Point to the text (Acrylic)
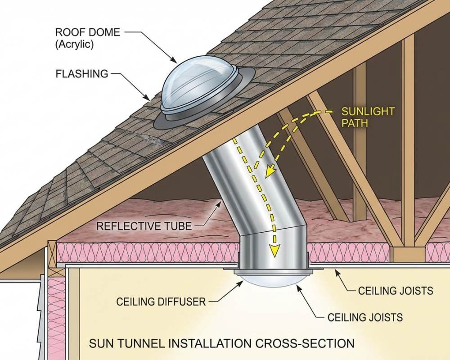pos(74,45)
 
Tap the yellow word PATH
pos(355,122)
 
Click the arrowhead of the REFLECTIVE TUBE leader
pos(222,203)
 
